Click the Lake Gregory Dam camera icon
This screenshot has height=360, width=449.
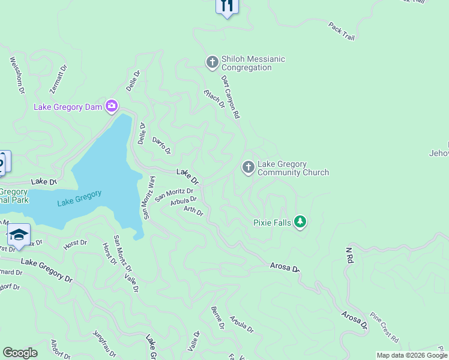(x=112, y=107)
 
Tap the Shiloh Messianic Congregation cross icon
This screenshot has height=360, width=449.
(x=212, y=62)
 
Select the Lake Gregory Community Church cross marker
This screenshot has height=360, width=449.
(x=249, y=167)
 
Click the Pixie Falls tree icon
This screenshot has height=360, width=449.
(x=300, y=223)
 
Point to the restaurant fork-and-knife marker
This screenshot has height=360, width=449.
(x=227, y=6)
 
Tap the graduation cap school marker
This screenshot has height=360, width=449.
(x=19, y=235)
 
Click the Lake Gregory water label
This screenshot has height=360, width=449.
(x=80, y=198)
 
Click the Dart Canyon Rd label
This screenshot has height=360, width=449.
(x=231, y=96)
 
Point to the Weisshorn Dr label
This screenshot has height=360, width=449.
(x=17, y=75)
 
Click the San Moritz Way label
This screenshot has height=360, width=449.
(x=148, y=197)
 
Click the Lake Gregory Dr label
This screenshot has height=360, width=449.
(x=46, y=269)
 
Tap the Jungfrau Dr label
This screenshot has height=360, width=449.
(x=104, y=343)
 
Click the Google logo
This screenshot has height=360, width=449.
(x=20, y=353)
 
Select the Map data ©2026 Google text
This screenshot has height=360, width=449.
(x=412, y=355)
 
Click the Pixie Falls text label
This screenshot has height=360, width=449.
(x=272, y=223)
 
